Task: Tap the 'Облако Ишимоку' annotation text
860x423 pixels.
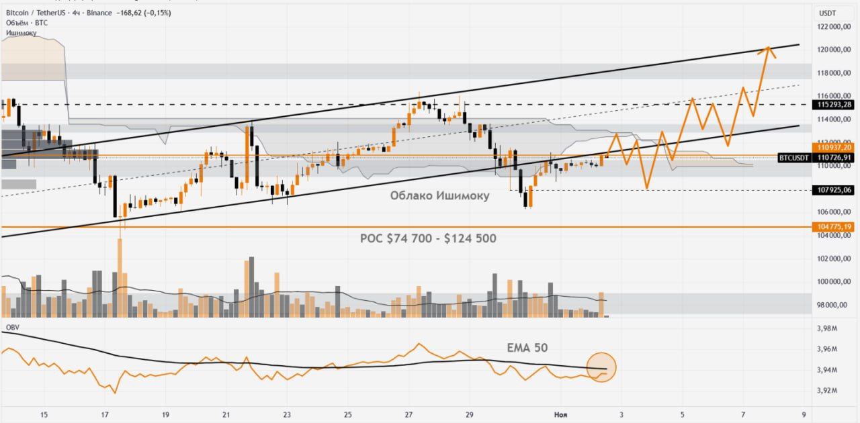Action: coord(439,196)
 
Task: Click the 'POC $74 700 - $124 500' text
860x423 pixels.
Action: coord(428,238)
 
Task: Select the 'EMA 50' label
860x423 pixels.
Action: coord(527,348)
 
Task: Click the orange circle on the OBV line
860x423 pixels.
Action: coord(601,367)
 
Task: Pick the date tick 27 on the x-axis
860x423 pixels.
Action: coord(408,415)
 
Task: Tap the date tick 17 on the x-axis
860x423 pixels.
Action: coord(105,415)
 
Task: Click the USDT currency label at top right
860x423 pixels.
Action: coord(827,13)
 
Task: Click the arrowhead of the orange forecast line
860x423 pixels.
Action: coord(767,48)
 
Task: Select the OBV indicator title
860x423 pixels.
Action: coord(12,326)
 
